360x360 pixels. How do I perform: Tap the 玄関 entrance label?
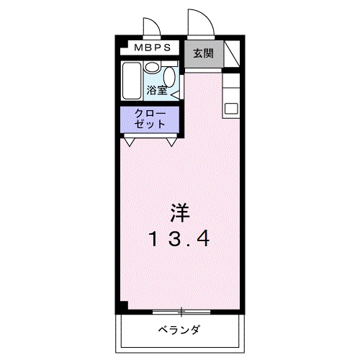(x=203, y=53)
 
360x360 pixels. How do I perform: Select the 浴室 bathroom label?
(x=157, y=90)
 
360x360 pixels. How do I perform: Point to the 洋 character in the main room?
(x=179, y=214)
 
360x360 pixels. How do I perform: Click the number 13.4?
(x=180, y=238)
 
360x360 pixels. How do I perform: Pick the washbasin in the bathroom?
(x=153, y=67)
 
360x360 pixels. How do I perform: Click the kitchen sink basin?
(x=232, y=108)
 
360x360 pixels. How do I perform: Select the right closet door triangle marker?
(x=172, y=142)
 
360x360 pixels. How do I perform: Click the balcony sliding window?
(x=181, y=312)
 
